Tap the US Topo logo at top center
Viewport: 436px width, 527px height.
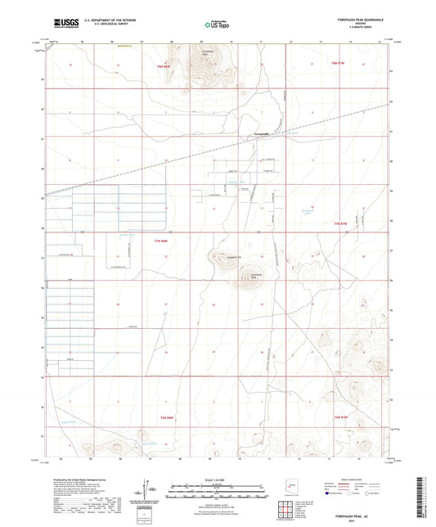pos(217,25)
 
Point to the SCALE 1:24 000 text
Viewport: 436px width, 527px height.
pos(218,478)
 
